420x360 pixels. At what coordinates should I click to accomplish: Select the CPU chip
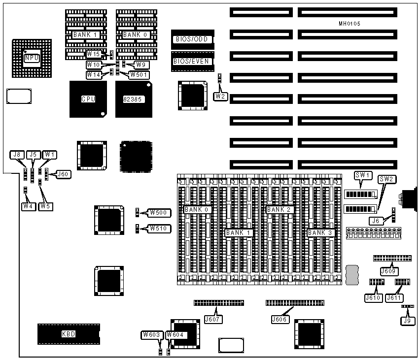pyautogui.click(x=88, y=99)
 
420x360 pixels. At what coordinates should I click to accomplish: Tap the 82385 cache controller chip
pyautogui.click(x=133, y=99)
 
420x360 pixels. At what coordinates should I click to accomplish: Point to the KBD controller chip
pyautogui.click(x=69, y=334)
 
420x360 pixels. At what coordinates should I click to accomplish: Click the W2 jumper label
pyautogui.click(x=220, y=96)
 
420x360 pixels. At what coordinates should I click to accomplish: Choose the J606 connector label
pyautogui.click(x=280, y=319)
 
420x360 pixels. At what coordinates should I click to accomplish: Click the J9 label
pyautogui.click(x=408, y=321)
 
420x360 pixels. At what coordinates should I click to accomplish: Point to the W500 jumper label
pyautogui.click(x=160, y=213)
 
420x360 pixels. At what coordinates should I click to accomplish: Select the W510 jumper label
pyautogui.click(x=160, y=229)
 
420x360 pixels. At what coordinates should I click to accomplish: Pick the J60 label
pyautogui.click(x=64, y=174)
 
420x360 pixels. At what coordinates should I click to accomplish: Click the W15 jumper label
pyautogui.click(x=93, y=54)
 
